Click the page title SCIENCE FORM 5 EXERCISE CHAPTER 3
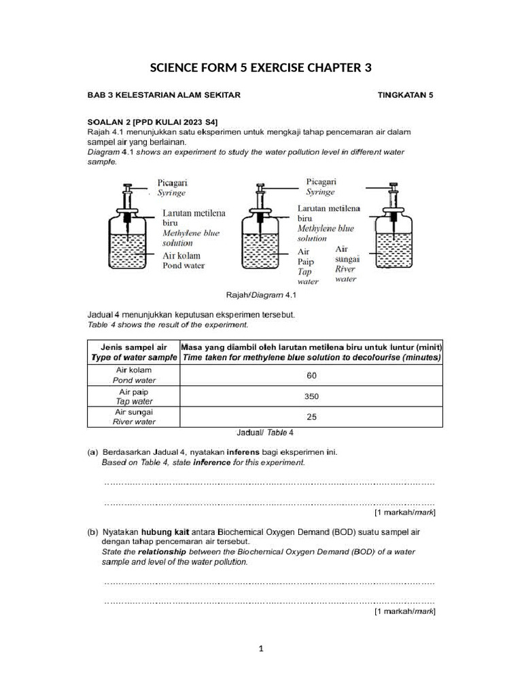tap(260, 69)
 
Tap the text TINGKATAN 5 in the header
tap(405, 95)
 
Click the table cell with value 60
tap(311, 375)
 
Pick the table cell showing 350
tap(311, 396)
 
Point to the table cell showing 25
tap(311, 417)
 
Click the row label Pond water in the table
tap(134, 381)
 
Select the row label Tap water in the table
tap(134, 402)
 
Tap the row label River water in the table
tap(134, 422)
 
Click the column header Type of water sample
tap(134, 358)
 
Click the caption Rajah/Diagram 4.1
tap(261, 296)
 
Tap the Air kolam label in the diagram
tap(179, 256)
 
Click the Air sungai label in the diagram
tap(346, 254)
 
